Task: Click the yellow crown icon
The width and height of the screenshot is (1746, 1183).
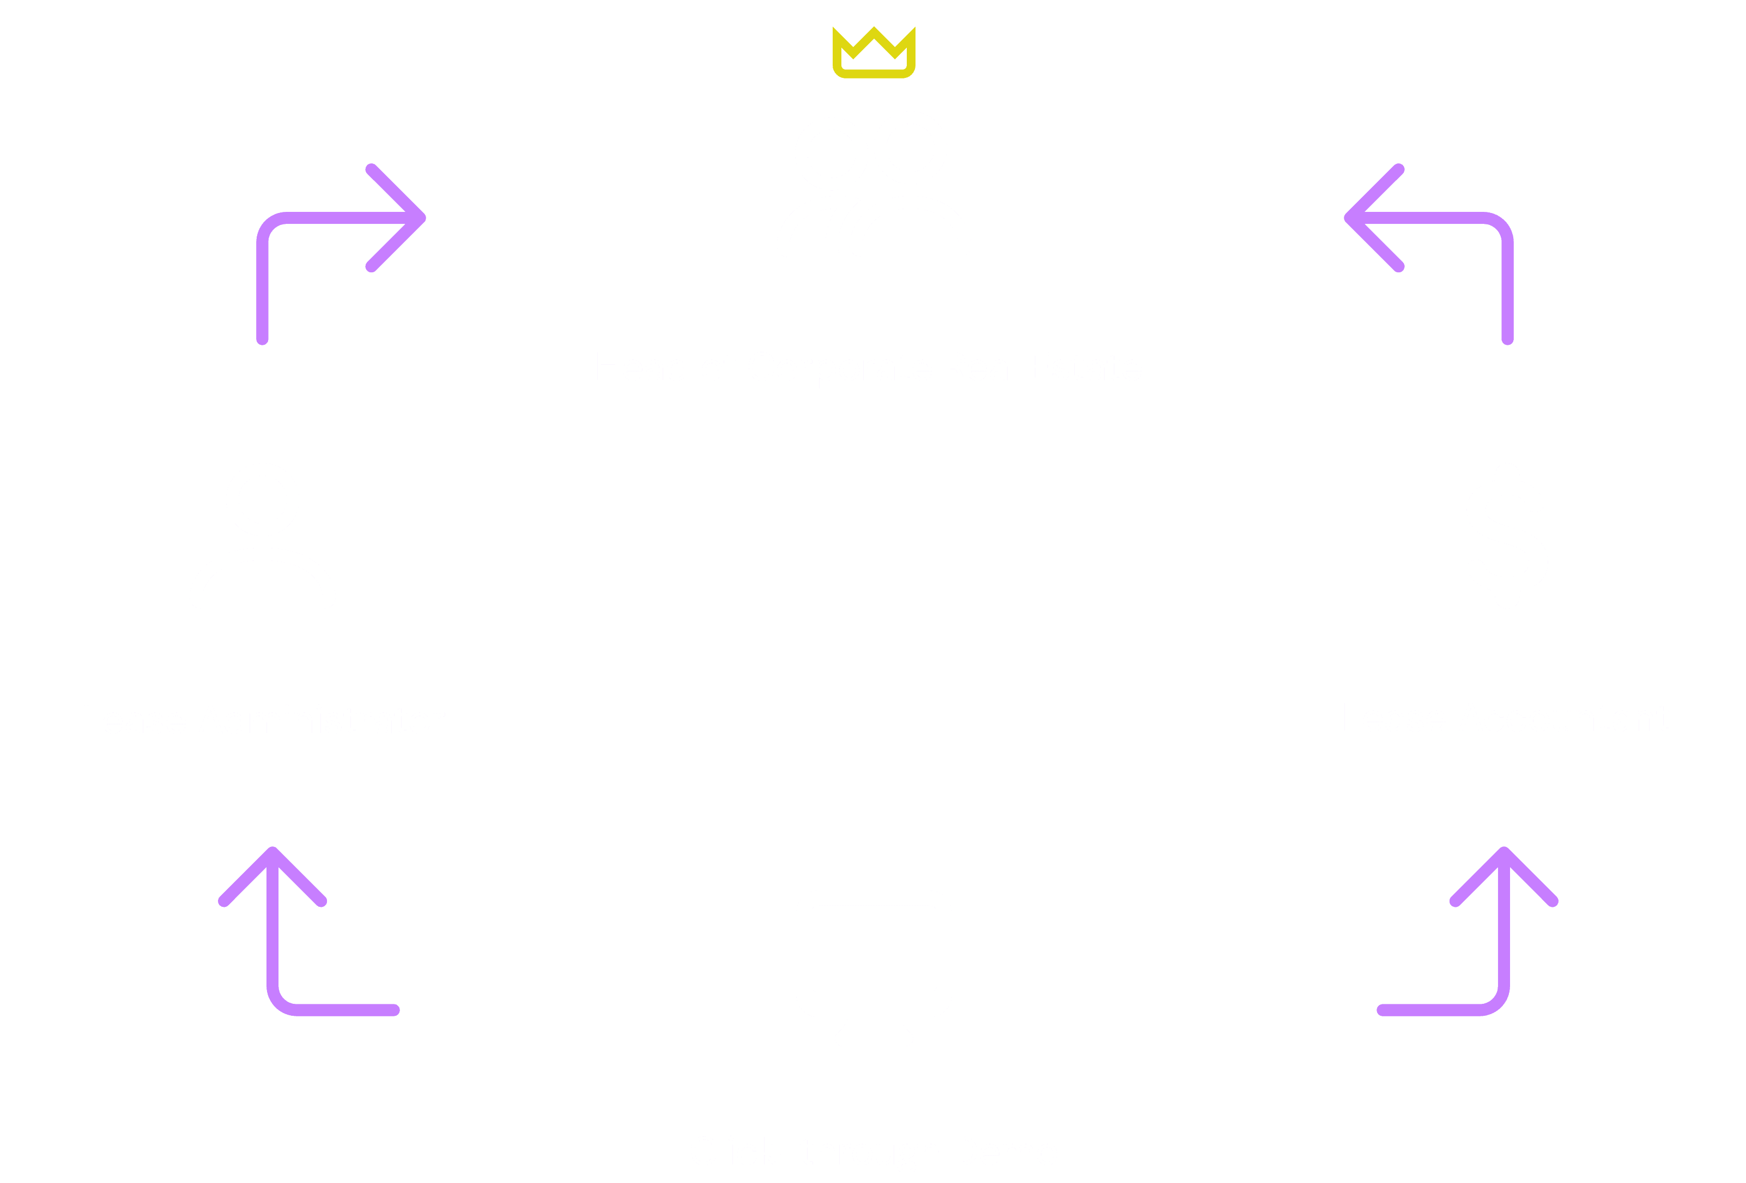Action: [x=874, y=53]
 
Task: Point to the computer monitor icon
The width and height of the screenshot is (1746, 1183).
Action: [x=874, y=954]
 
